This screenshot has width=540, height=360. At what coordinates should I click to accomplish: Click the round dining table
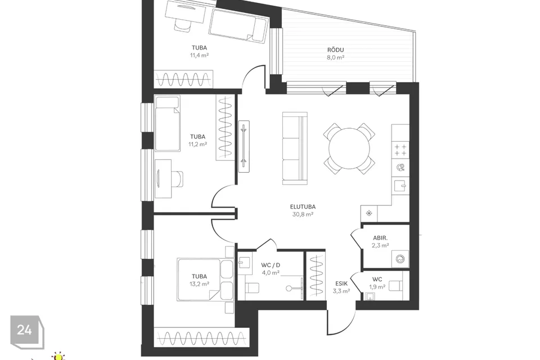click(349, 148)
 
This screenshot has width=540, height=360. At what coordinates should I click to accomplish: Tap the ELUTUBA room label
click(303, 207)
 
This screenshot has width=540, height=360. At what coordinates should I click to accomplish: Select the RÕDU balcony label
click(335, 50)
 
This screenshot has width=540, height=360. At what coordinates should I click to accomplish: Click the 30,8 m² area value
click(303, 214)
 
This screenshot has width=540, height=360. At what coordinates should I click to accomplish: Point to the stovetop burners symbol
click(400, 150)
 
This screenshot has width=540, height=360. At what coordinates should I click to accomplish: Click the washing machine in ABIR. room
click(400, 259)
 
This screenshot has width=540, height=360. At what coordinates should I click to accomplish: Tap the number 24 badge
click(25, 330)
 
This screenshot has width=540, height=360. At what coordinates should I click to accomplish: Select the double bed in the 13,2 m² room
click(205, 280)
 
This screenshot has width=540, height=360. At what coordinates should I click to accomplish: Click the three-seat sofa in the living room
click(295, 148)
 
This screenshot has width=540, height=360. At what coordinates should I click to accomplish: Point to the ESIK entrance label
click(341, 283)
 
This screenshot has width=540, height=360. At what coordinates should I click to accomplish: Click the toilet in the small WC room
click(395, 286)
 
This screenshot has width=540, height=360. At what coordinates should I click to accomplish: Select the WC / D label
click(271, 265)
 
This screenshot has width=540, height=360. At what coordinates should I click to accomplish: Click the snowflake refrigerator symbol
click(369, 214)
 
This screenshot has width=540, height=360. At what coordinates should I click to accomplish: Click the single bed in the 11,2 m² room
click(168, 123)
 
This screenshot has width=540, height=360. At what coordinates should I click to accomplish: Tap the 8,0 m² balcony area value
click(335, 57)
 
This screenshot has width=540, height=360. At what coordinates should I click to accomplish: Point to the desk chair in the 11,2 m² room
click(177, 178)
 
